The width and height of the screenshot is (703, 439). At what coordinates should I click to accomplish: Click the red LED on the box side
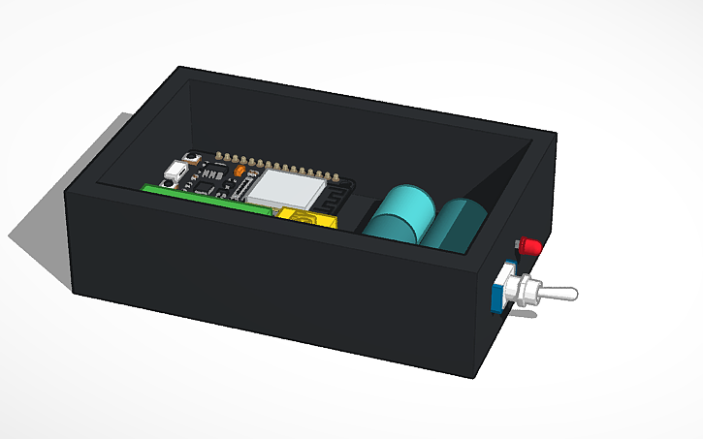(528, 246)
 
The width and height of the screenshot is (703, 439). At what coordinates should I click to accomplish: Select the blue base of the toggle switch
(501, 288)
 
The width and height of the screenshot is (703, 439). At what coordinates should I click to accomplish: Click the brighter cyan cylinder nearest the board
(399, 216)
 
